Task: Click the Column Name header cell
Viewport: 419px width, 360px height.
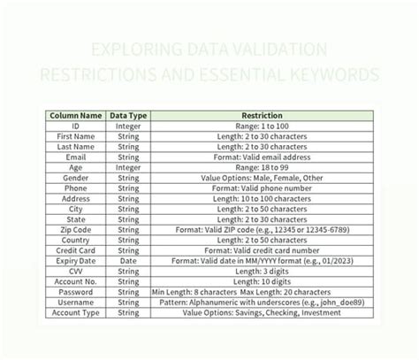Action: [75, 115]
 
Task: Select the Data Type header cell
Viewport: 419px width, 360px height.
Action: [128, 115]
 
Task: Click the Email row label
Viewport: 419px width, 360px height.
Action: [75, 157]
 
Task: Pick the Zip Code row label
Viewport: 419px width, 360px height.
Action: [75, 228]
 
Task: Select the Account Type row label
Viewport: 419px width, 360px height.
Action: [75, 311]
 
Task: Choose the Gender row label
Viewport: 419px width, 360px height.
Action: [75, 177]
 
